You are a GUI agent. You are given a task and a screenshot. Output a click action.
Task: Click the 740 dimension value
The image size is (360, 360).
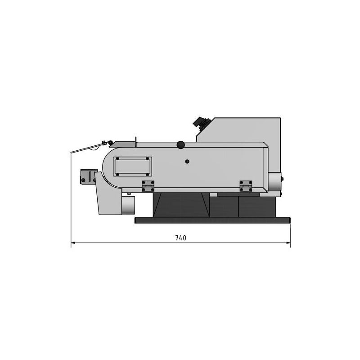pos(181,238)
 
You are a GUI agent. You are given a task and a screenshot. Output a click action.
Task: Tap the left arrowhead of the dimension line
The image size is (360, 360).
pos(73,243)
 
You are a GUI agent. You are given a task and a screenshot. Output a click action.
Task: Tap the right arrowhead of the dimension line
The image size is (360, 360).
pos(288,243)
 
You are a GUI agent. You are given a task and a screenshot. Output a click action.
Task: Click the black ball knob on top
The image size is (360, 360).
pos(181,145)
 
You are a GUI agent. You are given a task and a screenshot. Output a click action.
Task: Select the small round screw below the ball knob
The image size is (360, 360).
pos(187,162)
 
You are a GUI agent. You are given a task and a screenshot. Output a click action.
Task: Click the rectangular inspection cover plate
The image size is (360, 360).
pos(132,166)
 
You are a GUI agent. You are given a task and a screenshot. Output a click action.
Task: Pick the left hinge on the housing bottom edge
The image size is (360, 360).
pos(148,186)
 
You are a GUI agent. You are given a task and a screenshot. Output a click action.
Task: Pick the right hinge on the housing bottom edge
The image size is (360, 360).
pos(246,186)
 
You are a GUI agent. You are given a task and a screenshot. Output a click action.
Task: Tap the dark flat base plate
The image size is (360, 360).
pos(212,220)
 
